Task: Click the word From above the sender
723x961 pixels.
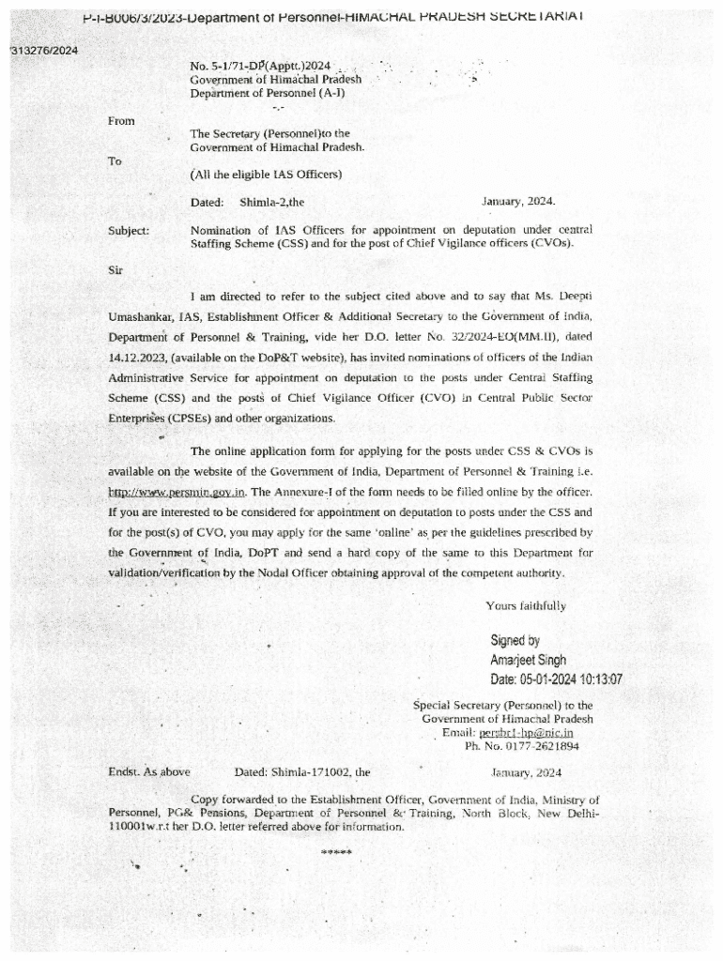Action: tap(122, 121)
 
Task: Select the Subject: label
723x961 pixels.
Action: tap(130, 230)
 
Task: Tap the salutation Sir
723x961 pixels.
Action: tap(116, 270)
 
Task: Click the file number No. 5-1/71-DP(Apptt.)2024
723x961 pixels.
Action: tap(260, 66)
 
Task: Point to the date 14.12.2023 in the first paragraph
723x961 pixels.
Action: tap(140, 358)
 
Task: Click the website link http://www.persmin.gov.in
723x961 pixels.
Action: tap(177, 492)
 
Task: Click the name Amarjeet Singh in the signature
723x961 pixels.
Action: tap(529, 661)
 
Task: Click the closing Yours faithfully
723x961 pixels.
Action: tap(526, 605)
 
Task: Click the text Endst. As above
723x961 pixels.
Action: tap(149, 772)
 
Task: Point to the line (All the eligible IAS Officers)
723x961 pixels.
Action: tap(266, 175)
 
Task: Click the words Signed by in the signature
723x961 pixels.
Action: tap(515, 642)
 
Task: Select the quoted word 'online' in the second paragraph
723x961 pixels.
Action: tap(428, 532)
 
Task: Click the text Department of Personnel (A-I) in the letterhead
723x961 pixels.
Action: tap(268, 93)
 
